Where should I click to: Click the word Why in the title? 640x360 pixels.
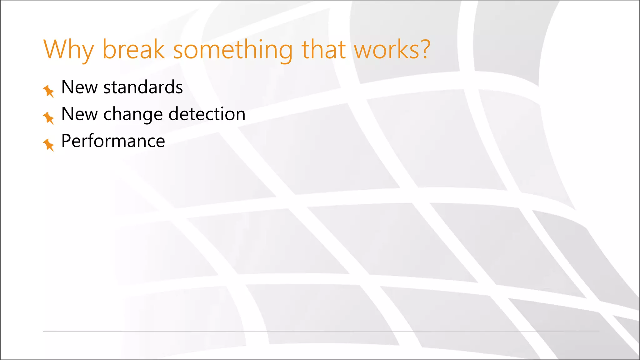click(68, 50)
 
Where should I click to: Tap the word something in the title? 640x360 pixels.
click(233, 50)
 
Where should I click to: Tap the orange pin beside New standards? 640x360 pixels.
click(48, 91)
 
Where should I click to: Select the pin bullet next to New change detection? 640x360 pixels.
click(48, 118)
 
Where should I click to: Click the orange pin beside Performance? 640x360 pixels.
click(48, 145)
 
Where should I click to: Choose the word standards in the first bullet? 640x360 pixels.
click(143, 87)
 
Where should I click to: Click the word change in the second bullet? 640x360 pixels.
click(133, 114)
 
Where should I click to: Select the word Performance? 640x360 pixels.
click(113, 141)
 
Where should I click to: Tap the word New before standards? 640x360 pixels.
click(79, 87)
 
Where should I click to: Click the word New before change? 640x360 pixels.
click(79, 114)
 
